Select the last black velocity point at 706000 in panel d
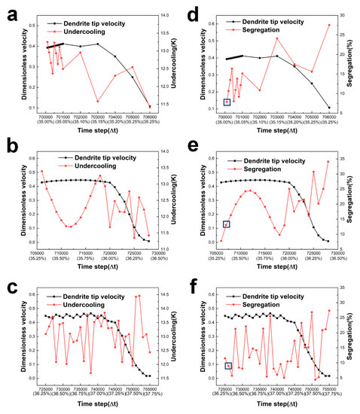329,107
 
